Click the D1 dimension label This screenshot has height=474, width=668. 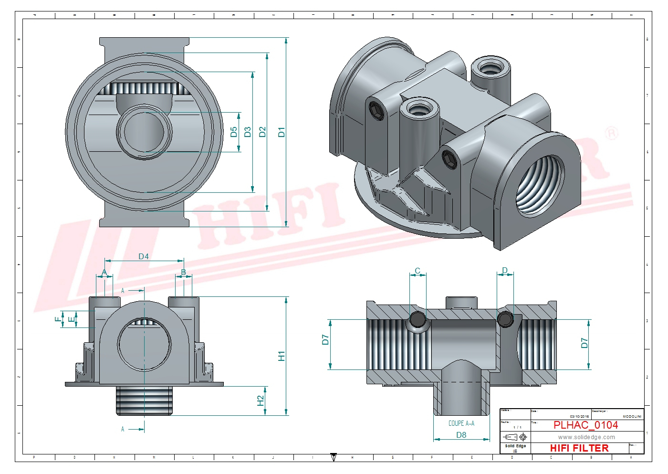coord(282,132)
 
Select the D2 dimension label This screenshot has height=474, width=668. coord(262,132)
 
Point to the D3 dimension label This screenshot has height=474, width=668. coord(247,132)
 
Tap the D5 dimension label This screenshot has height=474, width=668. coord(234,132)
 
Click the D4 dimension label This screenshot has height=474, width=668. coord(144,256)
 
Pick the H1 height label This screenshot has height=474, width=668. coord(282,356)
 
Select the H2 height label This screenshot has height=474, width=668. coord(261,400)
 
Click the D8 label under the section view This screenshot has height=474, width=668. coord(461,435)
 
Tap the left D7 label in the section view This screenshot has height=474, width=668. coord(325,340)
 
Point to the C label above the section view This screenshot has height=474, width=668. coord(417,271)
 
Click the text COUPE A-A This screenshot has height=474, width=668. coord(461,423)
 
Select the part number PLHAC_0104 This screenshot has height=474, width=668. coord(585,425)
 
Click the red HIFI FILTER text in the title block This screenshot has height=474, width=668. coord(579,448)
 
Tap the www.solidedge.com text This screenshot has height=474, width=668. coord(586,437)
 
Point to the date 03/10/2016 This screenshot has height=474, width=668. coord(579,416)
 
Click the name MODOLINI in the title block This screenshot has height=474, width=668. coord(632,416)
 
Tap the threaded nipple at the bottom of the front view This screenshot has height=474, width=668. coord(144,400)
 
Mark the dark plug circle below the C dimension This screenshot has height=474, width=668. coord(418,319)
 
